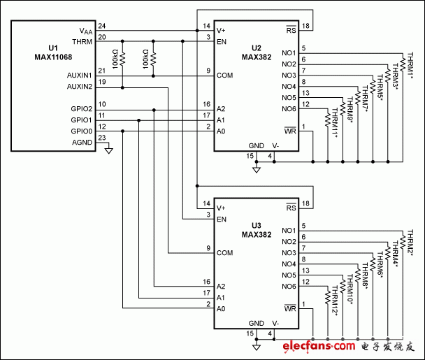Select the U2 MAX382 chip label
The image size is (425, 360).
click(x=256, y=53)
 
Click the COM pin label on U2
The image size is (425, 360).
click(x=225, y=74)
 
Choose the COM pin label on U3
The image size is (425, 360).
click(x=225, y=252)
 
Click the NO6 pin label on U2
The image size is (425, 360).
click(x=289, y=108)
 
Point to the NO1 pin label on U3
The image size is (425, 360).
click(x=289, y=231)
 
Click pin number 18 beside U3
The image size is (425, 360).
click(x=306, y=203)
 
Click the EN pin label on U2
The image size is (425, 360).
click(x=222, y=42)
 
